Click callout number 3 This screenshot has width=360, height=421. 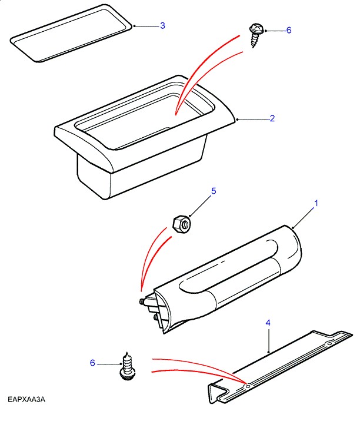coord(162,25)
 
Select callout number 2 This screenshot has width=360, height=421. coord(272,118)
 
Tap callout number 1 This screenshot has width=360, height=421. coord(316,203)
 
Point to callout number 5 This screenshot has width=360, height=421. coord(214,191)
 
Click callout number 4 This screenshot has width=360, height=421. coord(268,323)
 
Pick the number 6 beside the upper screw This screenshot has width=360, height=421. coord(289,29)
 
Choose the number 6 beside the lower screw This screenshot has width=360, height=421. coord(92,363)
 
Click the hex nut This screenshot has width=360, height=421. coord(181,223)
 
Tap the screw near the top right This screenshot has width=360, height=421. coord(256,33)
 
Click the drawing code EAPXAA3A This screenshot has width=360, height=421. coord(26,400)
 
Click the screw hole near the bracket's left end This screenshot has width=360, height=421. coord(248,386)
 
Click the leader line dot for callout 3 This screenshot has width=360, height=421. coord(135,26)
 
